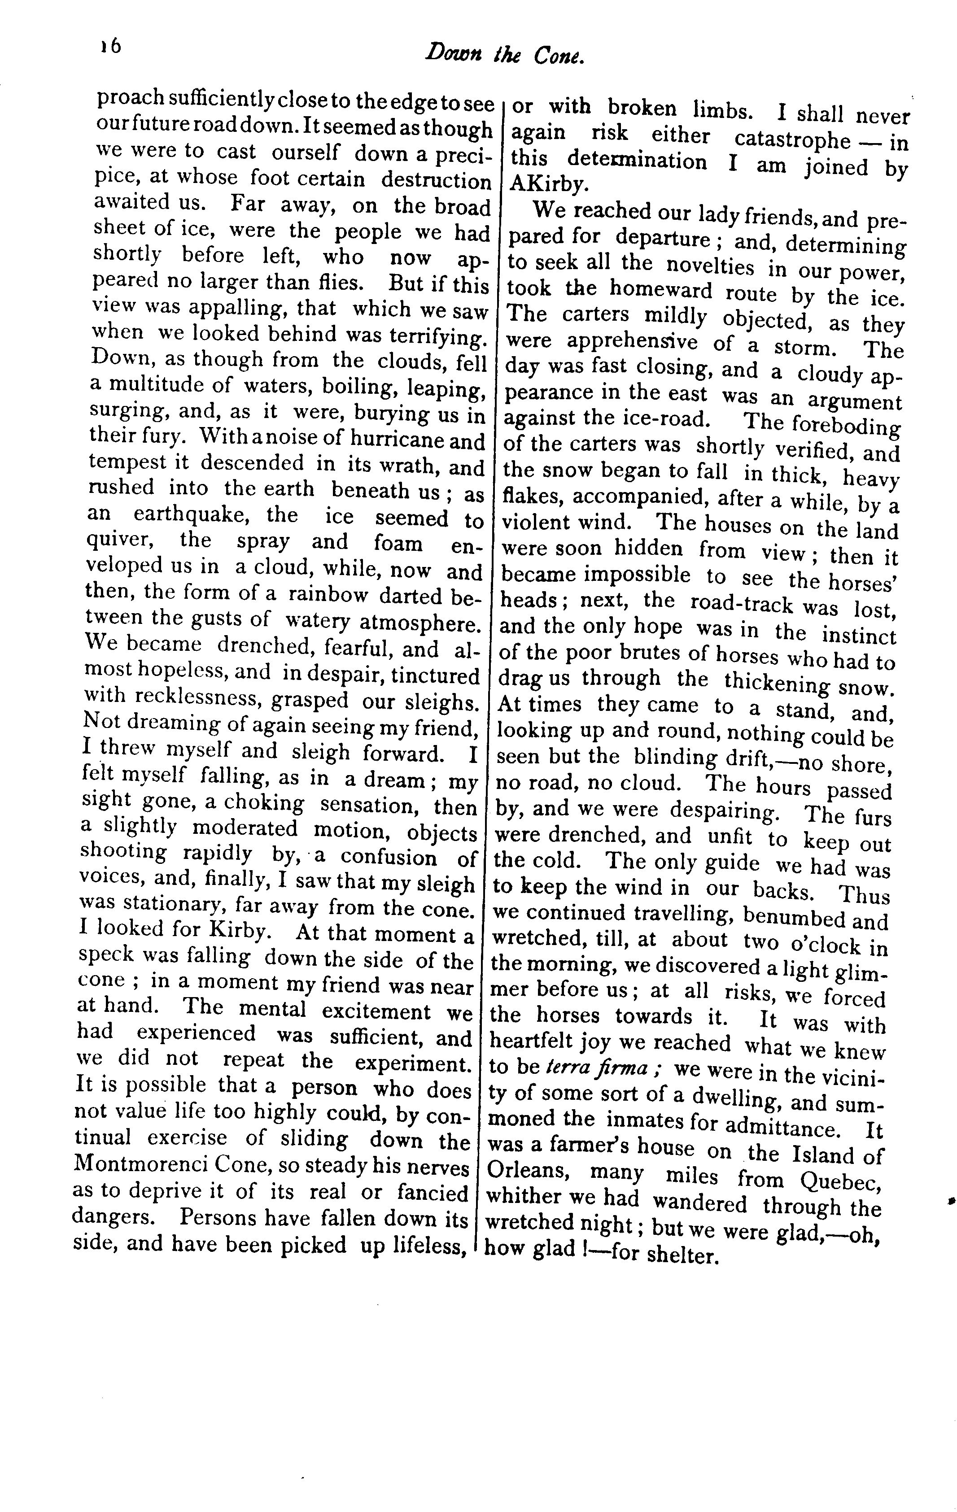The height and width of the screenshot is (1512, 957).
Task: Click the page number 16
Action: coord(110,48)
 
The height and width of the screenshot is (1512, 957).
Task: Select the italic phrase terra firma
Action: coord(597,1068)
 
